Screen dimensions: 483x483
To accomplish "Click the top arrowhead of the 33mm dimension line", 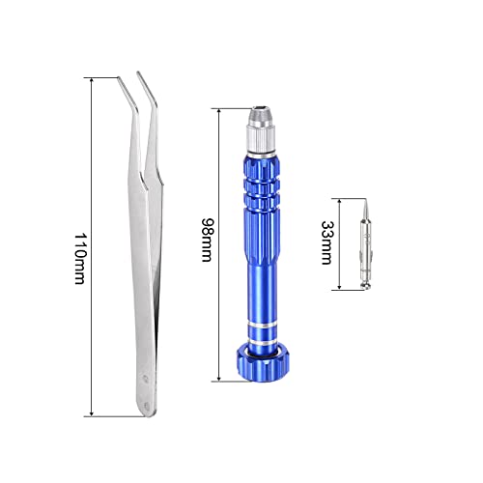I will coord(339,198).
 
